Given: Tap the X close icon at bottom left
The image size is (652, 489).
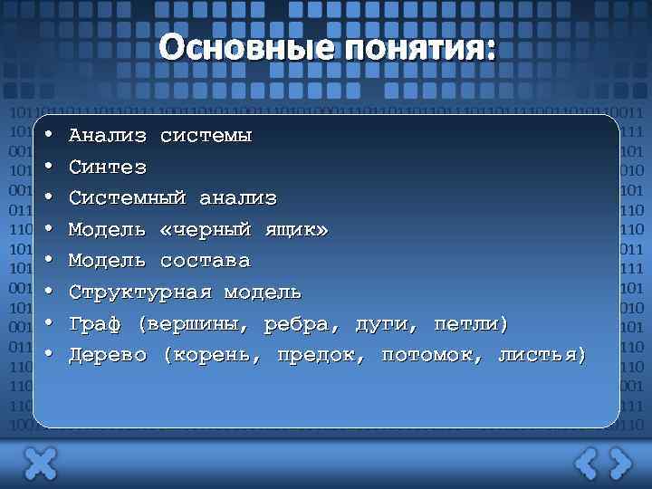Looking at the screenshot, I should [40, 464].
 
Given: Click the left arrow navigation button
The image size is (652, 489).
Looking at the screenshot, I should [587, 464].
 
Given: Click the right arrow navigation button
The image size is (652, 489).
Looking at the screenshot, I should [620, 464].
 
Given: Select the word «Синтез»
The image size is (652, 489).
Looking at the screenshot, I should [108, 168].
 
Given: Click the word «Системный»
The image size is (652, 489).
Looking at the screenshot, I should [128, 198].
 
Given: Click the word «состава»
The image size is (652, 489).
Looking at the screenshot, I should [205, 261].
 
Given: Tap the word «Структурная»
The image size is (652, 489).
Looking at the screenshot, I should [140, 292].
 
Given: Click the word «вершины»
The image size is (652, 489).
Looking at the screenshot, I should [198, 324].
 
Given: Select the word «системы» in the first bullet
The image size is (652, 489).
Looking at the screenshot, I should [206, 136].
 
